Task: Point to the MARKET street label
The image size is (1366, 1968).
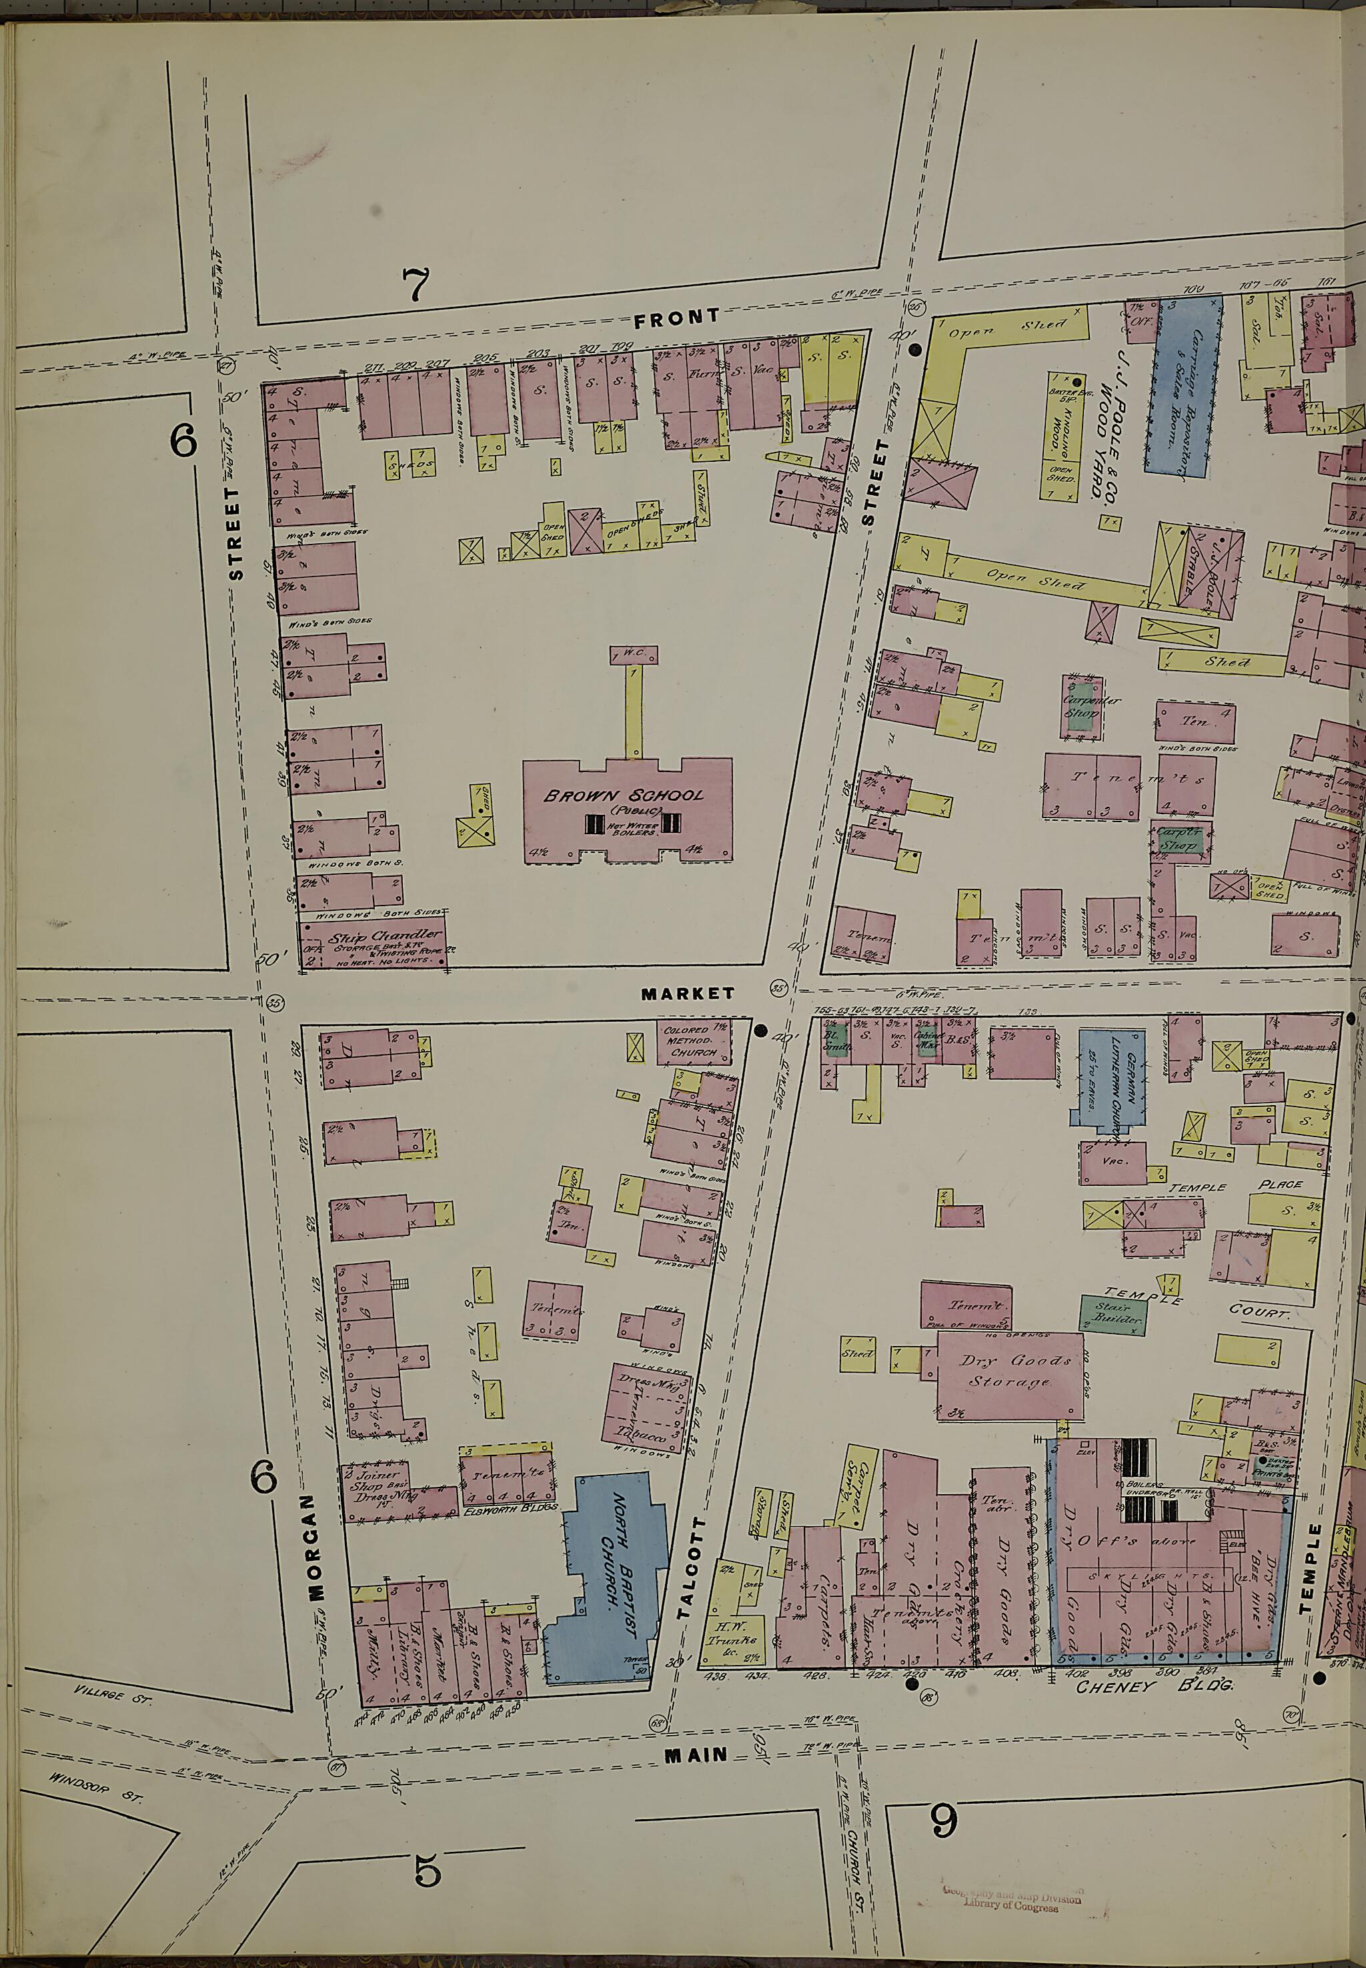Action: (x=687, y=994)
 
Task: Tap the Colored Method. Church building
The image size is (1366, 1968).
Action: (x=693, y=1041)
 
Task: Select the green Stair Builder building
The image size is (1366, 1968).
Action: (x=1111, y=1315)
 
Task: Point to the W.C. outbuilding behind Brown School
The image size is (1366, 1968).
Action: (x=634, y=655)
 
